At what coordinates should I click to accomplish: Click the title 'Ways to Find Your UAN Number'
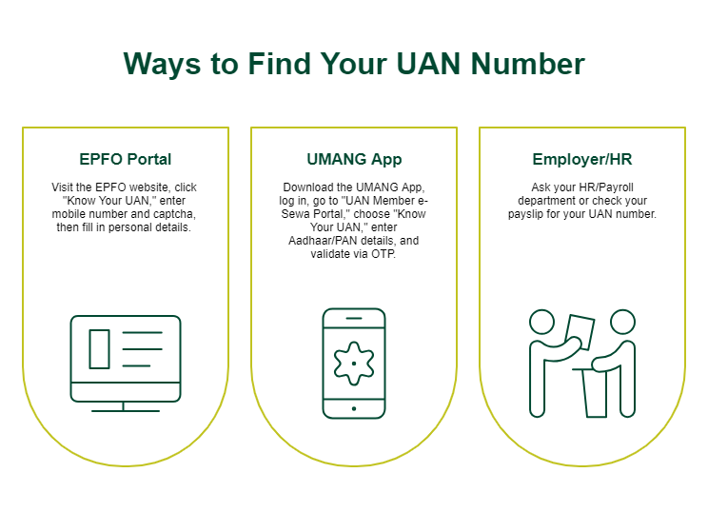[x=354, y=64]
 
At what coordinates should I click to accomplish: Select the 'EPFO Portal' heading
[x=125, y=159]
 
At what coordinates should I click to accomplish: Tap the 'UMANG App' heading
[x=354, y=160]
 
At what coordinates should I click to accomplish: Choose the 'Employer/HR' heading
[x=582, y=159]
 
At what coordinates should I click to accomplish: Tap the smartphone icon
[x=354, y=364]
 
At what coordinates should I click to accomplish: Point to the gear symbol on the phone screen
[x=354, y=363]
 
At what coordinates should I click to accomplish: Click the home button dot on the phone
[x=354, y=408]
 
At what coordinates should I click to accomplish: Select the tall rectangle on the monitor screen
[x=99, y=349]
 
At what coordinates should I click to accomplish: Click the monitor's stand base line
[x=126, y=411]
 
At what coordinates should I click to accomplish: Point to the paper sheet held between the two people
[x=580, y=332]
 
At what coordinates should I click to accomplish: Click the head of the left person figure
[x=541, y=322]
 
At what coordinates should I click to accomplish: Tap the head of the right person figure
[x=622, y=322]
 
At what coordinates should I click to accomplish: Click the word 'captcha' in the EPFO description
[x=175, y=213]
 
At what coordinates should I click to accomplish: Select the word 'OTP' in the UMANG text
[x=383, y=254]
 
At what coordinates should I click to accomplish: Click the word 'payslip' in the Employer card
[x=525, y=213]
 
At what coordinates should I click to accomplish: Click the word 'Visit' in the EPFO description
[x=62, y=187]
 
